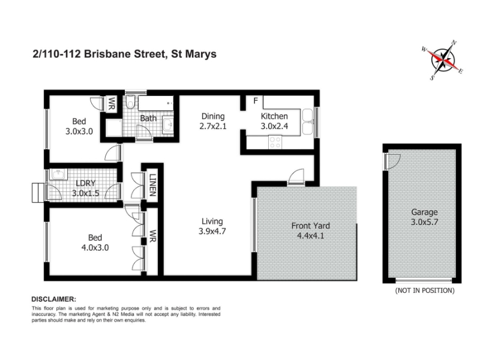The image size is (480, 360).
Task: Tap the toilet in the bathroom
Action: point(131,102)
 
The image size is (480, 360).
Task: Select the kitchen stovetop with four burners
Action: point(275,142)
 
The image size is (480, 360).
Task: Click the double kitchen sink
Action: point(308,122)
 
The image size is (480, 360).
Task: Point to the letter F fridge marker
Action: point(256,100)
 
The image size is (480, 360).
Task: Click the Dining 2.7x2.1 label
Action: point(213,121)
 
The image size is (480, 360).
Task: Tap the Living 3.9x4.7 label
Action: point(212,226)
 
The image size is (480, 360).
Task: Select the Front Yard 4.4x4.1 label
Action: point(310,230)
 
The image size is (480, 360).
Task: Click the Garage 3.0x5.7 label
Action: point(424,217)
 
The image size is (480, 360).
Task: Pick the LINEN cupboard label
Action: point(152,185)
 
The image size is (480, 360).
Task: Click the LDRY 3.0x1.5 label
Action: point(86,188)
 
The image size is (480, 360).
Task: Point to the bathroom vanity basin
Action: point(168,125)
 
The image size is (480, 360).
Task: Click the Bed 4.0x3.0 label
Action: point(95,242)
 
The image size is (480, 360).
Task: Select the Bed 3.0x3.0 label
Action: point(79,126)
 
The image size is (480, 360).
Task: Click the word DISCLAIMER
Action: point(54,299)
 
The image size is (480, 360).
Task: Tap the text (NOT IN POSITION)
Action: point(425,290)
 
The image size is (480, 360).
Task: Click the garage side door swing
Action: point(393,161)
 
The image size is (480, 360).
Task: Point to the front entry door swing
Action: point(296,176)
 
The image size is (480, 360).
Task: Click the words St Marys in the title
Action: point(194,54)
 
